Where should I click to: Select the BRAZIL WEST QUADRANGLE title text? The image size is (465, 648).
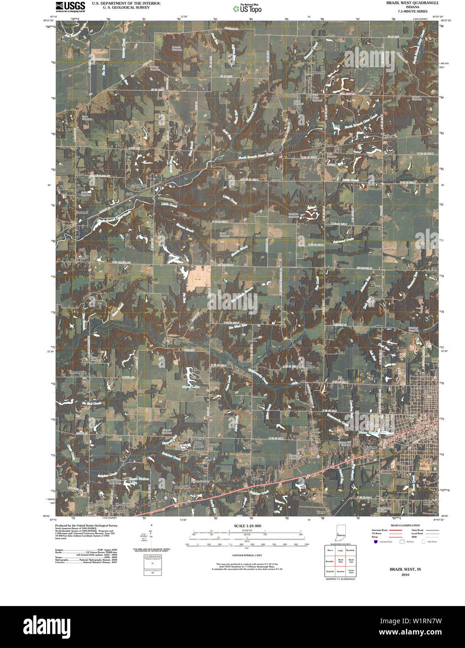[x=412, y=3]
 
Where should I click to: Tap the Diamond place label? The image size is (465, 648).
[x=318, y=73]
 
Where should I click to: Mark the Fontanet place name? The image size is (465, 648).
[x=81, y=212]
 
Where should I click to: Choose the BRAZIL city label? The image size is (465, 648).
[x=412, y=415]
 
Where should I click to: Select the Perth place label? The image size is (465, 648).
[x=330, y=145]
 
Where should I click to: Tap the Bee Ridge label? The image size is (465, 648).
[x=309, y=364]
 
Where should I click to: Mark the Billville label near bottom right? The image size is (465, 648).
[x=428, y=503]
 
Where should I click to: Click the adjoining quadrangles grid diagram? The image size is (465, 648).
[x=341, y=561]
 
